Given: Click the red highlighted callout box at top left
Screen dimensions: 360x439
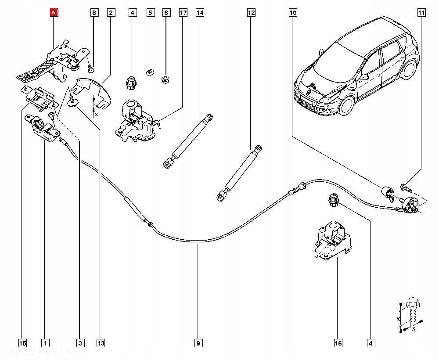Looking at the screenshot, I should click(x=54, y=13).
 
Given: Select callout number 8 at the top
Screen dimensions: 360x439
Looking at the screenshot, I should click(x=94, y=13).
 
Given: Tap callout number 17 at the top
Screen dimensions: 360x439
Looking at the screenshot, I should click(x=183, y=13).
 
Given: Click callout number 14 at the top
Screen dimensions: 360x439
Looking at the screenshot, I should click(x=200, y=13).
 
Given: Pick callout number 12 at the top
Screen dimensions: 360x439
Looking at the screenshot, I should click(x=251, y=13).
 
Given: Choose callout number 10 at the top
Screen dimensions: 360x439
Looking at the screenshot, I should click(x=293, y=13).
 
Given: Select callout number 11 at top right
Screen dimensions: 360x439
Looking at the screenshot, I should click(x=421, y=13).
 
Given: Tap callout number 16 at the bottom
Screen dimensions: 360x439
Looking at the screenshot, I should click(x=338, y=342).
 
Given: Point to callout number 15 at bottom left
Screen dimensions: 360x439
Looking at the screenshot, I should click(x=22, y=342).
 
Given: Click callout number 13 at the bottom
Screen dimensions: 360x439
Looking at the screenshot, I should click(x=101, y=342).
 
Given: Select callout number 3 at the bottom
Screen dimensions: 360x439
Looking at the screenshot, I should click(x=80, y=342).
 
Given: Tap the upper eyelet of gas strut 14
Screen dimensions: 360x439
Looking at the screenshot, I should click(x=211, y=117).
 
